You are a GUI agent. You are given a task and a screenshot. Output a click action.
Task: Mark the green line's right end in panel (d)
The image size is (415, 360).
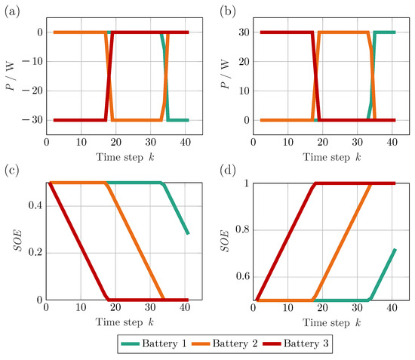pyautogui.click(x=395, y=249)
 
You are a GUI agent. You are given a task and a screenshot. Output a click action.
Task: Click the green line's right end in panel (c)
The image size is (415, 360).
pyautogui.click(x=188, y=234)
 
